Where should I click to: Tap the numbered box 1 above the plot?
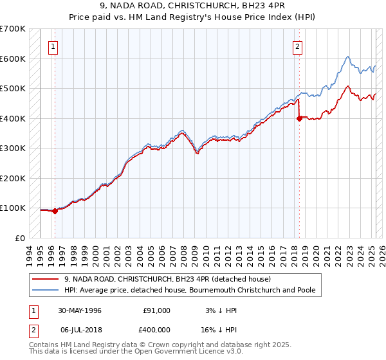[52, 46]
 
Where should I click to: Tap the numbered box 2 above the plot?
[298, 46]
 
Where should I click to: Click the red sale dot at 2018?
[299, 118]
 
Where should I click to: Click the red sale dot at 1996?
[55, 210]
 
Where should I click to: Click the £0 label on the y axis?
[20, 238]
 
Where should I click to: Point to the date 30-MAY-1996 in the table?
[80, 310]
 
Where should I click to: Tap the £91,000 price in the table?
[156, 310]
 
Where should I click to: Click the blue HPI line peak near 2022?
[347, 57]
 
